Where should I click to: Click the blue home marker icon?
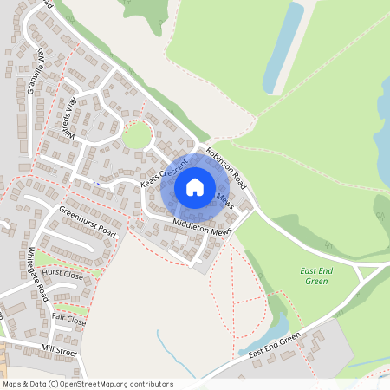pos(195,187)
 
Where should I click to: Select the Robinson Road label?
pos(227,169)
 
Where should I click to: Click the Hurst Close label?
pos(62,274)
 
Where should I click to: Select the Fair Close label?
pos(69,319)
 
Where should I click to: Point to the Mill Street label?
pos(59,351)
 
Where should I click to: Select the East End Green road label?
pos(274,346)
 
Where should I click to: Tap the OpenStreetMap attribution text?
pos(88,383)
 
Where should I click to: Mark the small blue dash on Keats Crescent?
pos(98,183)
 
